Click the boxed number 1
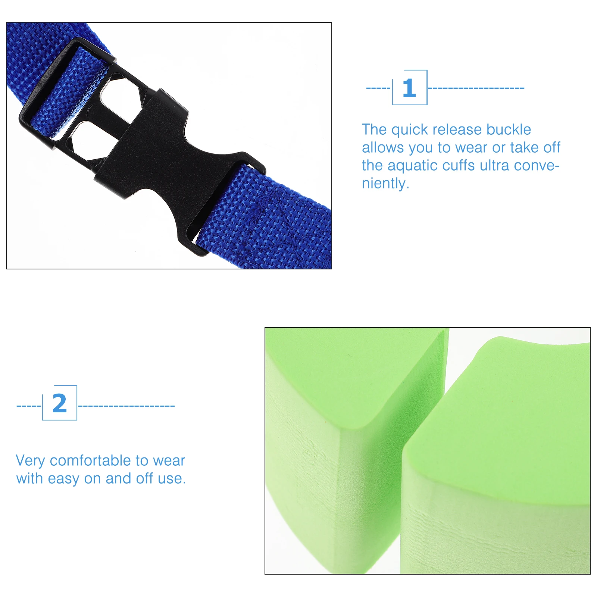[409, 88]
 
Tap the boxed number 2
[60, 403]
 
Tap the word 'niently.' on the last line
[385, 184]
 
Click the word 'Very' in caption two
[30, 461]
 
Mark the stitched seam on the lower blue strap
[269, 216]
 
